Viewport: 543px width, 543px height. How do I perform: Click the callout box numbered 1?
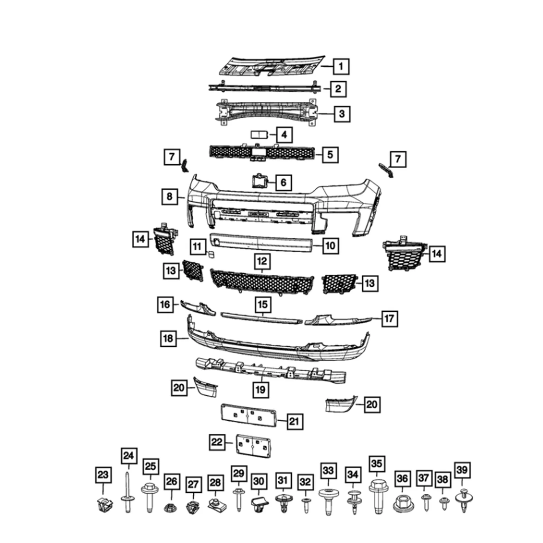pyautogui.click(x=341, y=67)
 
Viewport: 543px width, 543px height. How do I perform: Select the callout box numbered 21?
pyautogui.click(x=294, y=421)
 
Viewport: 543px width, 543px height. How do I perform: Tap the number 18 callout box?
pyautogui.click(x=168, y=338)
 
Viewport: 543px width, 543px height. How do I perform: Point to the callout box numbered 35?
pyautogui.click(x=376, y=464)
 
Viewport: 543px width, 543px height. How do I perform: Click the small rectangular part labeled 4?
pyautogui.click(x=259, y=135)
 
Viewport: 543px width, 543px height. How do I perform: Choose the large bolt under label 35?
pyautogui.click(x=378, y=496)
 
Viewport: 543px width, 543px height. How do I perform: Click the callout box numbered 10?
pyautogui.click(x=330, y=246)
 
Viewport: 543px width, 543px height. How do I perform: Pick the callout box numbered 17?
pyautogui.click(x=389, y=319)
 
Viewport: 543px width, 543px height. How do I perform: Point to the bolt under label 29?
pyautogui.click(x=238, y=499)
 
